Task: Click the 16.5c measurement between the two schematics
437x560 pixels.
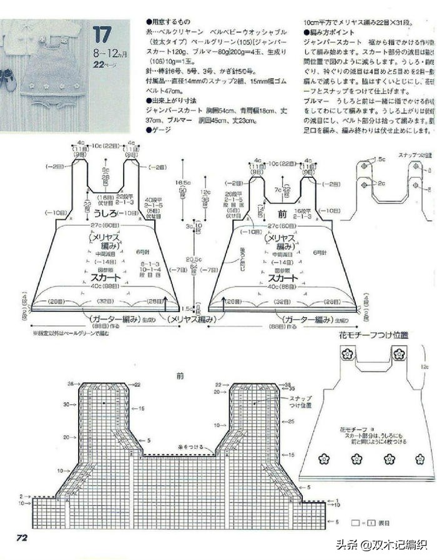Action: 182,182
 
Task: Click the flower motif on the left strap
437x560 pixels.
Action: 347,353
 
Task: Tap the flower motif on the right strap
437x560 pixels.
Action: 400,353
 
